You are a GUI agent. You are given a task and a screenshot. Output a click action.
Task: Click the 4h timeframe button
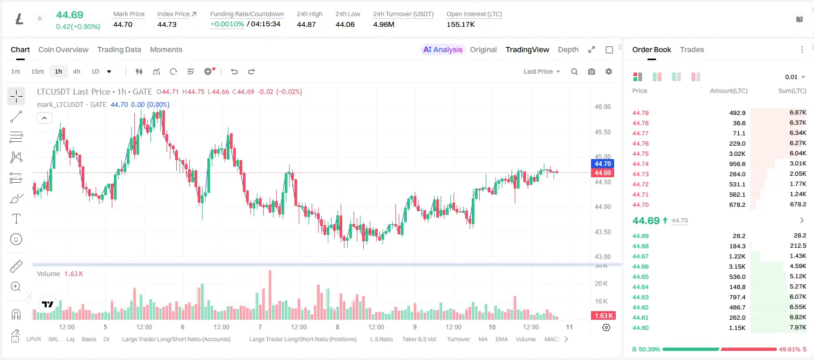click(76, 71)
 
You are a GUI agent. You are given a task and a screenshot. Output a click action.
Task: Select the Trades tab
click(692, 49)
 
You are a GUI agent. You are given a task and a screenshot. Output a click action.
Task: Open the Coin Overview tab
click(63, 49)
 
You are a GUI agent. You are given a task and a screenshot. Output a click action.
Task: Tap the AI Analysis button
click(443, 49)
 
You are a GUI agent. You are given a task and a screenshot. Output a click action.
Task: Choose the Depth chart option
click(568, 49)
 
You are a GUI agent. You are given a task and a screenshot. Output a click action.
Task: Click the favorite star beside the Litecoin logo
click(40, 18)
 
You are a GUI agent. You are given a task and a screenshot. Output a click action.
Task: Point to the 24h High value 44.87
click(306, 24)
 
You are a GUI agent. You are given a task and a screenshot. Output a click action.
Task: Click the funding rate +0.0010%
click(227, 24)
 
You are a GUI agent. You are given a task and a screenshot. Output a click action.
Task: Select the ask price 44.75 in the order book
click(640, 154)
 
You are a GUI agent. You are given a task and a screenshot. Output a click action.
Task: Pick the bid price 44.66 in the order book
click(640, 267)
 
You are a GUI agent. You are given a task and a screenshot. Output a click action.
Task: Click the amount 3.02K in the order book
click(737, 154)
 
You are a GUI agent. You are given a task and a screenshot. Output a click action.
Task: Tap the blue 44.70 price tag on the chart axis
click(602, 164)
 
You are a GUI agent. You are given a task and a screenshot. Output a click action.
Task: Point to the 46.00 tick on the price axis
click(602, 107)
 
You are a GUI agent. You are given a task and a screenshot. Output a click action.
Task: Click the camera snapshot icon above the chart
click(592, 71)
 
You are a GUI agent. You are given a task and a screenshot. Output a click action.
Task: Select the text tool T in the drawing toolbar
click(16, 219)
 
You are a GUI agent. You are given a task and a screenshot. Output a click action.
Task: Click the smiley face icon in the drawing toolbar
click(16, 239)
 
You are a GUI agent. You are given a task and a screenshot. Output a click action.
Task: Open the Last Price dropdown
click(542, 71)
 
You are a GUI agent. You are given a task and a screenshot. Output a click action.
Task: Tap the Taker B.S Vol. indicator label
click(419, 339)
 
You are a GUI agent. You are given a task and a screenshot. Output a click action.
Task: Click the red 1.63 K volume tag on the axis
click(602, 316)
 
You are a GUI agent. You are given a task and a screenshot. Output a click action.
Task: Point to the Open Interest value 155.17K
click(460, 24)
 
